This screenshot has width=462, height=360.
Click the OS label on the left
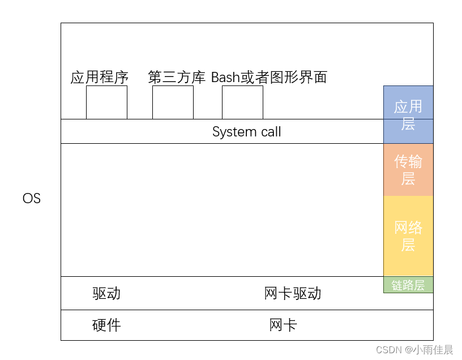click(32, 199)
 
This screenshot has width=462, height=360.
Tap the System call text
click(246, 132)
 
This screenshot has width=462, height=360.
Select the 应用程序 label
click(100, 77)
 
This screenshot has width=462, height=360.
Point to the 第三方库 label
click(177, 77)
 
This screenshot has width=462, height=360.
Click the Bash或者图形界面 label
click(269, 77)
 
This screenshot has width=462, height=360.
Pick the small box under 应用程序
click(106, 102)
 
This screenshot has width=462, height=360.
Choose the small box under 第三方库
click(173, 102)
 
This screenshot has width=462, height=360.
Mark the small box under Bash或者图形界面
click(242, 102)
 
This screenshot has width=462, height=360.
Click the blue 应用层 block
click(408, 114)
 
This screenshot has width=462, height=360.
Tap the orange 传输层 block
click(408, 170)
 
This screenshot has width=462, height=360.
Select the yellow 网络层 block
click(408, 236)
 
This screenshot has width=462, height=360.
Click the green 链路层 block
click(408, 285)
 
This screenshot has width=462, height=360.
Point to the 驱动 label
click(106, 293)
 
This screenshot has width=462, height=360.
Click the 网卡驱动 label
click(293, 293)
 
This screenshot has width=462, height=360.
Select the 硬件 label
click(106, 325)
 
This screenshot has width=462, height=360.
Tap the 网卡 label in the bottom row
click(283, 325)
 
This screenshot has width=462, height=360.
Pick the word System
click(232, 132)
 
